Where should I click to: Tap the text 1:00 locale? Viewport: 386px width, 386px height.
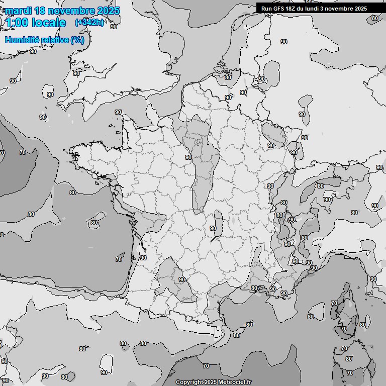tap(36, 23)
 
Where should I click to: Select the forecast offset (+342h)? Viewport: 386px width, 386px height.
tap(89, 22)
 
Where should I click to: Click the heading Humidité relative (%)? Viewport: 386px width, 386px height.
tap(45, 40)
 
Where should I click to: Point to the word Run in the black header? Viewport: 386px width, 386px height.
tap(267, 9)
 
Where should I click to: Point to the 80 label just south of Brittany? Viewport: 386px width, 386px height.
tap(73, 192)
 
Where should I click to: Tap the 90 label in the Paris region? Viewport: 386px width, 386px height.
tap(188, 157)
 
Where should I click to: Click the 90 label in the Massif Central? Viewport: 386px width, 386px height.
tap(213, 228)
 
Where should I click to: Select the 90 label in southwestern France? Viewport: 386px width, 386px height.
tap(182, 279)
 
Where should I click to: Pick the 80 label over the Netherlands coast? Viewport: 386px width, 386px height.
tap(228, 77)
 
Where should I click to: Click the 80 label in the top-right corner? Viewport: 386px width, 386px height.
tap(374, 18)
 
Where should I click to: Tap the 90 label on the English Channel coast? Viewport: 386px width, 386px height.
tap(118, 112)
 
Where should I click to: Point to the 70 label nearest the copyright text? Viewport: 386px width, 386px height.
tap(206, 366)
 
